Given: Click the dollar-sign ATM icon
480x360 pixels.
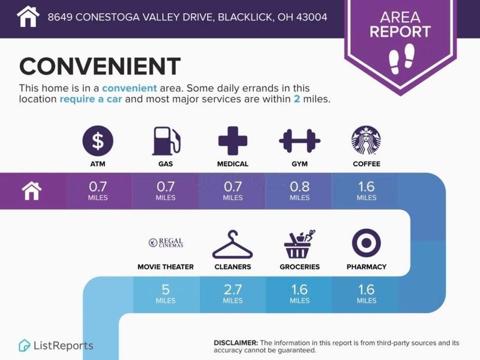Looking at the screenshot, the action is click(98, 141).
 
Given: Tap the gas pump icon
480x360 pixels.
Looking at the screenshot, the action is click(166, 141).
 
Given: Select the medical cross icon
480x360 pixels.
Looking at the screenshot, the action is click(233, 141).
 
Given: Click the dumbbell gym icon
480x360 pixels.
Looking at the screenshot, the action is click(299, 141).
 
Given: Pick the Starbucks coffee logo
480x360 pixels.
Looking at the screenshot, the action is click(366, 140).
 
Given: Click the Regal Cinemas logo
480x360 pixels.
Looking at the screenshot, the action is click(166, 243).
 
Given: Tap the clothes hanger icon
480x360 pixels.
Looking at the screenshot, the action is click(233, 245).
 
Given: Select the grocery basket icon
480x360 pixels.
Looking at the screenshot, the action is click(299, 244).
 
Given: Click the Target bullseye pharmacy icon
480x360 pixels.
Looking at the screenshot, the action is click(367, 243).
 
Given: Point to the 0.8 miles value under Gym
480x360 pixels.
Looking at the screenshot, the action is click(299, 191).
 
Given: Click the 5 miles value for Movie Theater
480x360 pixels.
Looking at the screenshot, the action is click(166, 293).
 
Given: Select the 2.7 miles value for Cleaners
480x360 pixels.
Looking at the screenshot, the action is click(233, 293).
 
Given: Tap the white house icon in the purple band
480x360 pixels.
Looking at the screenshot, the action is click(32, 191).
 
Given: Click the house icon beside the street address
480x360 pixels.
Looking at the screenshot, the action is click(28, 17).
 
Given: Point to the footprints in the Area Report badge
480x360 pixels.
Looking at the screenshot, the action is click(401, 59).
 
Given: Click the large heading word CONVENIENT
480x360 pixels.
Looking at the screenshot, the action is click(100, 66).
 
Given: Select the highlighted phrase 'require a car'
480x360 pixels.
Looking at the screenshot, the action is click(91, 99).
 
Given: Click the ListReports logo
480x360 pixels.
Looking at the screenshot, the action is click(56, 346).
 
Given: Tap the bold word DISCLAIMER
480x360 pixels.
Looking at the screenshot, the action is click(236, 343).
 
